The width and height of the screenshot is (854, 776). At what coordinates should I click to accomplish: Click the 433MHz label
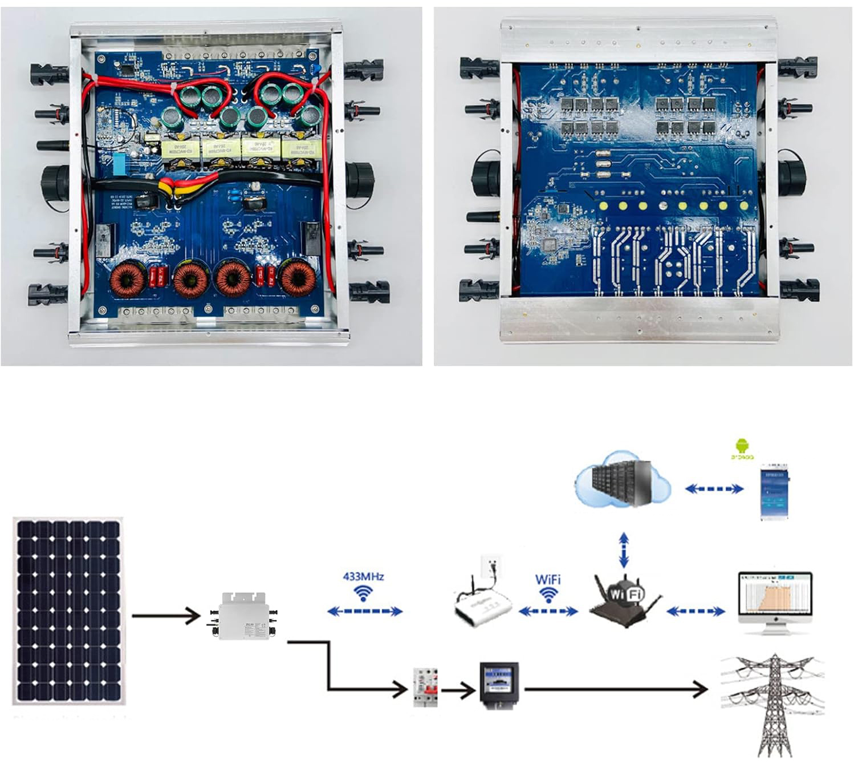tap(363, 576)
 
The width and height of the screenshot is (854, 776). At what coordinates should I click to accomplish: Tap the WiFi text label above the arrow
tap(547, 579)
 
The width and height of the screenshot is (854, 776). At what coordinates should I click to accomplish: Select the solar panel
tap(68, 611)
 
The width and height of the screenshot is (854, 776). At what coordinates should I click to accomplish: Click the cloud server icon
tap(622, 480)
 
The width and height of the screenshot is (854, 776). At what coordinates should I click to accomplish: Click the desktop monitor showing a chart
tap(775, 601)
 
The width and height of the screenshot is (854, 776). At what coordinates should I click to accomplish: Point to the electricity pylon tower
tap(774, 705)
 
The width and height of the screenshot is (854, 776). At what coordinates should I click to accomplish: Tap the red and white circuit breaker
tap(425, 688)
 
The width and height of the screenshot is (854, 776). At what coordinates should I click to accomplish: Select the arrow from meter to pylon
tap(616, 689)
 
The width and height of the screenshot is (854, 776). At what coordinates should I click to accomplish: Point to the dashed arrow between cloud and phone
tap(714, 489)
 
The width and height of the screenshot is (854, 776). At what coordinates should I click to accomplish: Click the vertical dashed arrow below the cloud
tap(624, 550)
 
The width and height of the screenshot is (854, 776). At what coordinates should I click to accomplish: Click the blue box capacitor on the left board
tap(120, 164)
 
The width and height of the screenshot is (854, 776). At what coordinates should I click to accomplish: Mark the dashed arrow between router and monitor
tap(696, 612)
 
